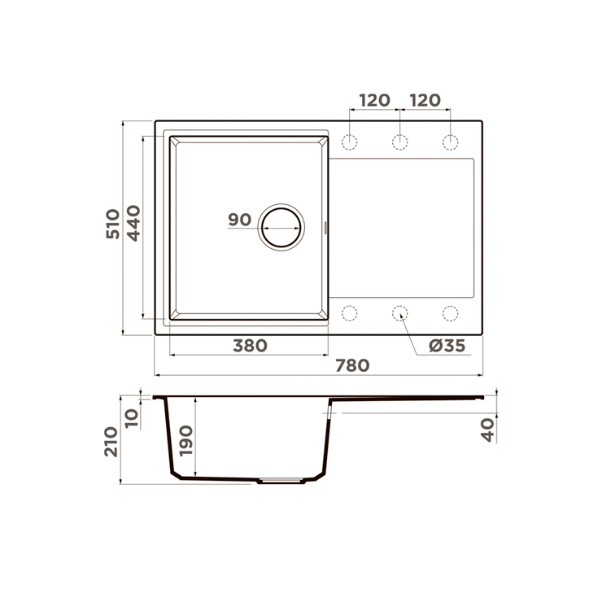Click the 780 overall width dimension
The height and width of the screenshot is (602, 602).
(352, 365)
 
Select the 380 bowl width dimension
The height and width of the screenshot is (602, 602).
(250, 346)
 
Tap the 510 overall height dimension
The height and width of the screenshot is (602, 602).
(113, 224)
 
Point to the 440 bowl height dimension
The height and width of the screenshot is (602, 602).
(133, 223)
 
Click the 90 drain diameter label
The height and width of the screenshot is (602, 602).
(239, 220)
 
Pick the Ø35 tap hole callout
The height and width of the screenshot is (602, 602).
(447, 346)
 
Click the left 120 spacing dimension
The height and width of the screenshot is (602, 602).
(374, 100)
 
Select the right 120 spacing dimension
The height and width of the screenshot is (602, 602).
(425, 100)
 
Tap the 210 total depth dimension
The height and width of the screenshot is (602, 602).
(111, 442)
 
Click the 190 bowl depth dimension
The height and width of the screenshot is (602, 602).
(186, 440)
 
